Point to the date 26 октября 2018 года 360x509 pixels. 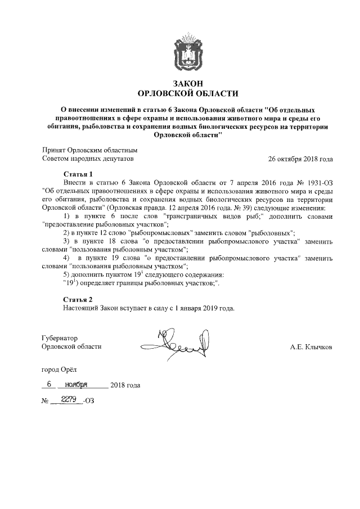click(x=301, y=159)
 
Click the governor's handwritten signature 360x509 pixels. click(x=183, y=344)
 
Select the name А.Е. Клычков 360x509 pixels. click(x=311, y=347)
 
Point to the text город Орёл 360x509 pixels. click(x=61, y=372)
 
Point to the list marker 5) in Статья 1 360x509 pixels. click(x=67, y=274)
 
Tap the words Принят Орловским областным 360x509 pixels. click(x=89, y=151)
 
